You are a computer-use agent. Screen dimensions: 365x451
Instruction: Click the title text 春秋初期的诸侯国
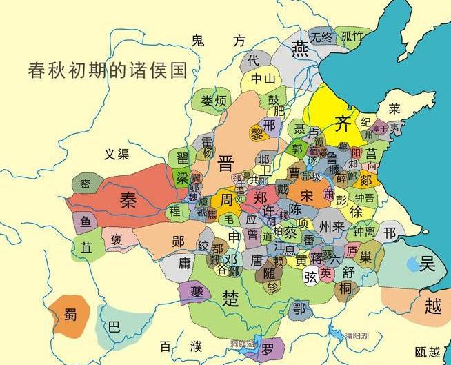tap(109, 70)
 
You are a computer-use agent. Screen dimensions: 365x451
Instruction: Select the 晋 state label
tap(226, 164)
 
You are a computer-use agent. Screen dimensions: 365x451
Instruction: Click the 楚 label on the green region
tap(228, 297)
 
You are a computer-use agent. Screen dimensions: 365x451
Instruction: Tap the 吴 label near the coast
tap(427, 262)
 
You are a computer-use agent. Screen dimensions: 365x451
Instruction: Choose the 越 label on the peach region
tap(432, 306)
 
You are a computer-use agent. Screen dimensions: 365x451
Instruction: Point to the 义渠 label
tap(114, 155)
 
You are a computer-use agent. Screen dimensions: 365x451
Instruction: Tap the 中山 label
tap(263, 79)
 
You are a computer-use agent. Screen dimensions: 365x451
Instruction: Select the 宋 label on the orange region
tap(307, 197)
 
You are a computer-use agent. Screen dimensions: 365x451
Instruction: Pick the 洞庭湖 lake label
tap(243, 343)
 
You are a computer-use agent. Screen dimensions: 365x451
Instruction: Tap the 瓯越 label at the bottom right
tap(426, 352)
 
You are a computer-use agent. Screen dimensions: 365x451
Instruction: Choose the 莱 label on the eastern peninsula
tap(394, 108)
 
